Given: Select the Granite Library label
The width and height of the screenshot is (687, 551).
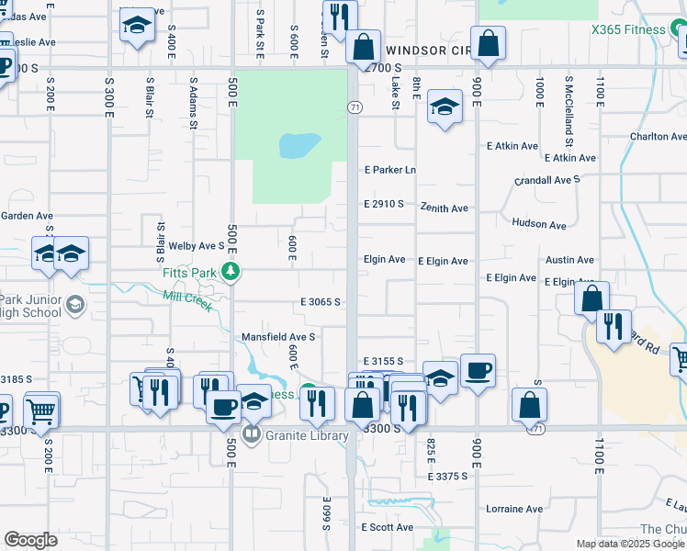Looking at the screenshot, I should coord(307,435).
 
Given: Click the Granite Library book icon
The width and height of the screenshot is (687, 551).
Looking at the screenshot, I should coord(250,434).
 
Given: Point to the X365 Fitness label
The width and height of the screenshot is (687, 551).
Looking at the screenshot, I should coord(629,29).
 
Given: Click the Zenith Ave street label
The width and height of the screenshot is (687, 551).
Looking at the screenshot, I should coord(445,208).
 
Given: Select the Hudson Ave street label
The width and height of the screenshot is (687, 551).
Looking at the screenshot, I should coord(539,224).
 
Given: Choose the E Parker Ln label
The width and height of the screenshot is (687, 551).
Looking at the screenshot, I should coord(390,170).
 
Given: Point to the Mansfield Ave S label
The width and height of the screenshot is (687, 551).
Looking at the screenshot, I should coord(278,337).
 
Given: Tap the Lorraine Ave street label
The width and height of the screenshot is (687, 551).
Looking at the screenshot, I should coord(514,509).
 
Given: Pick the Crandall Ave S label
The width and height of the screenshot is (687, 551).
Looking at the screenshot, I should coord(547,180).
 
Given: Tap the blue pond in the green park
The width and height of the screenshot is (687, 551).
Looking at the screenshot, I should coord(299,145).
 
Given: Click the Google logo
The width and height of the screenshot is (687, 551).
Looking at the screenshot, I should coord(31,539).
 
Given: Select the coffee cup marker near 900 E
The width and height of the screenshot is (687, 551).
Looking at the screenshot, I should coord(478,372).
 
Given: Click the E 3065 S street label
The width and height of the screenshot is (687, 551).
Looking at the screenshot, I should coord(321,302).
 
